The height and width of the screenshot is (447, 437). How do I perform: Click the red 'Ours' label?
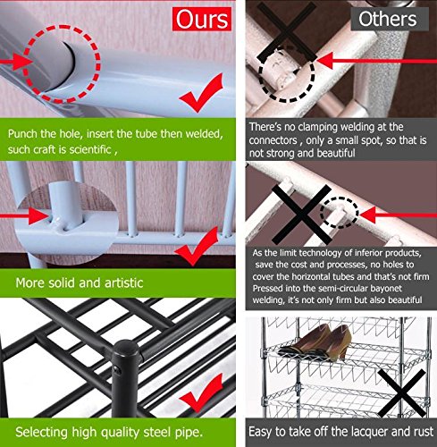202,19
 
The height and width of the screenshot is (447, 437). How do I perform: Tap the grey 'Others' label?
388,19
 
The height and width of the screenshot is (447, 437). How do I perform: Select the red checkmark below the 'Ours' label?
203,94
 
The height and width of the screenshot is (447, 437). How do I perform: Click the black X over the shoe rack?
402,393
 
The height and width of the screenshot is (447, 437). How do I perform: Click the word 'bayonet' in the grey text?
386,289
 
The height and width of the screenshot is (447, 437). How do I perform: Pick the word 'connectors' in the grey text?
273,140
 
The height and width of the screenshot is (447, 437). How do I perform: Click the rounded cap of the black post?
126,348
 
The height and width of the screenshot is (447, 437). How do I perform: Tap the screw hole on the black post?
117,371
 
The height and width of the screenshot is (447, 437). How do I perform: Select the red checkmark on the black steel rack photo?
203,392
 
